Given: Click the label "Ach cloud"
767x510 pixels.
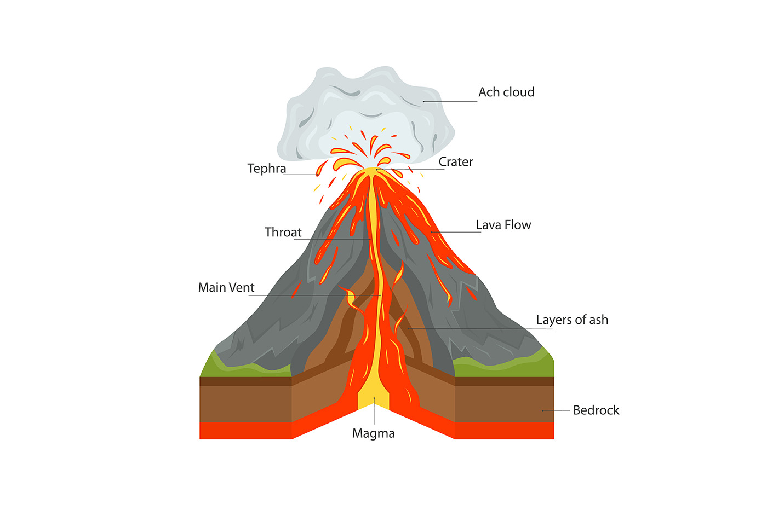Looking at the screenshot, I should pyautogui.click(x=506, y=92).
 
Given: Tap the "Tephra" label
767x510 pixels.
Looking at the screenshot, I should pyautogui.click(x=266, y=169).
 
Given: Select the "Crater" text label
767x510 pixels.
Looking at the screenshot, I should pyautogui.click(x=455, y=162).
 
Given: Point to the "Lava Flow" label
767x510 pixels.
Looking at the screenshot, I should pyautogui.click(x=503, y=225).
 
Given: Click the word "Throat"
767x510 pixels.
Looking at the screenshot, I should pyautogui.click(x=283, y=233).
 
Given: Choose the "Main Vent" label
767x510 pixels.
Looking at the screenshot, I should pyautogui.click(x=226, y=288).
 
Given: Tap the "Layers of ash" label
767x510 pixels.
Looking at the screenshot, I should pyautogui.click(x=572, y=320).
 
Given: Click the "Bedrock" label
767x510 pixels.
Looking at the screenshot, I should pyautogui.click(x=596, y=410).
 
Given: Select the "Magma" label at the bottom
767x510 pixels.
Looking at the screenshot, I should pyautogui.click(x=373, y=433).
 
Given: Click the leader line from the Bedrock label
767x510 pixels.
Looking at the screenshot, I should pyautogui.click(x=556, y=410).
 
